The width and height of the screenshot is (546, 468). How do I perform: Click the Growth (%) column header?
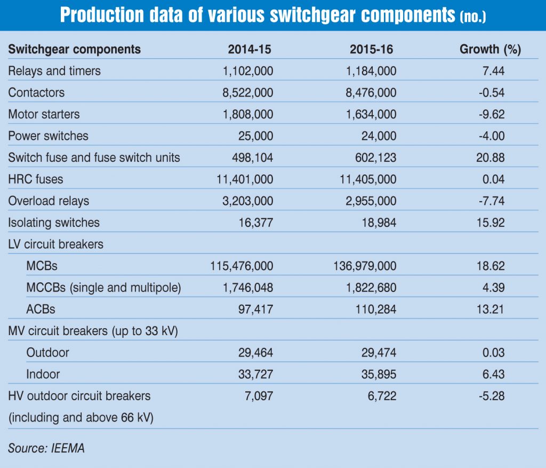(x=490, y=50)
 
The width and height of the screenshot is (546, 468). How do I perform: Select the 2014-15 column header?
(x=250, y=50)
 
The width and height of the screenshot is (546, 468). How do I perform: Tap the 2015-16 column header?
(x=372, y=50)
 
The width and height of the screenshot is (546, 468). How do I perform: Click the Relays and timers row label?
(x=54, y=70)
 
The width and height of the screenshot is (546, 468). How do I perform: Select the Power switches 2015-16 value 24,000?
(x=377, y=136)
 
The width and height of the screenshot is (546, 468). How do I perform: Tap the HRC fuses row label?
(x=36, y=179)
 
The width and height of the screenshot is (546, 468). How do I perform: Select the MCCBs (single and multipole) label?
(x=104, y=288)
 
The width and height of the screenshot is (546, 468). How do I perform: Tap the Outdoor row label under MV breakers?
(x=47, y=353)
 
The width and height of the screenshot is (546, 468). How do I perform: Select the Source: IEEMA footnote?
(x=46, y=448)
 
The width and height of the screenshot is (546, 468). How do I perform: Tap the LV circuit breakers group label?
(x=56, y=244)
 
